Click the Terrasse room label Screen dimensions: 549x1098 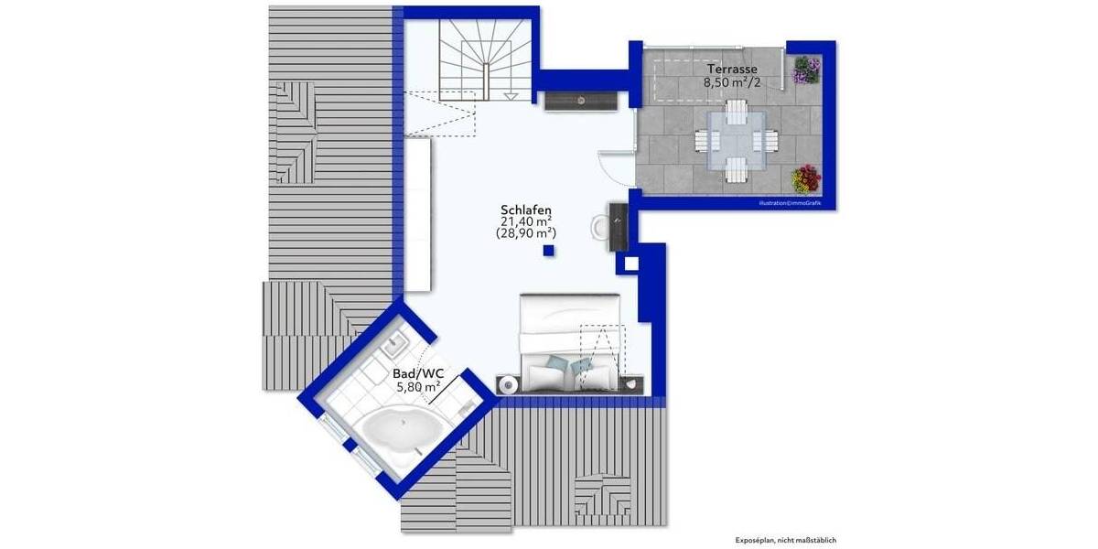(731, 70)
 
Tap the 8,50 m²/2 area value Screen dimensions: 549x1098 (731, 82)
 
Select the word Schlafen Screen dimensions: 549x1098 (526, 210)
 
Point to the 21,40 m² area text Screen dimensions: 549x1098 (525, 221)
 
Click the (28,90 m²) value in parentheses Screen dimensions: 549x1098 (525, 234)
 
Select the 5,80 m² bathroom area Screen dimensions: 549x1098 (418, 387)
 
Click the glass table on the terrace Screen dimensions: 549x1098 (737, 141)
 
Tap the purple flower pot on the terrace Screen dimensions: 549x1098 (807, 70)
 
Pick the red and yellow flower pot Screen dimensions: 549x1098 (806, 177)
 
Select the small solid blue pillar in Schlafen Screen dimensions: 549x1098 (548, 251)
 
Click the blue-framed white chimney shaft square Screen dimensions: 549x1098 (630, 264)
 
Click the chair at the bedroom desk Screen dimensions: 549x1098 (599, 225)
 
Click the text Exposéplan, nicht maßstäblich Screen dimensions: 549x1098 (786, 540)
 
